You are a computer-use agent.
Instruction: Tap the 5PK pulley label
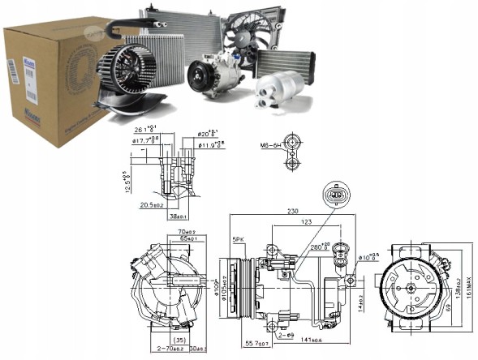tap(239, 241)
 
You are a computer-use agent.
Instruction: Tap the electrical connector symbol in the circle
tap(334, 195)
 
